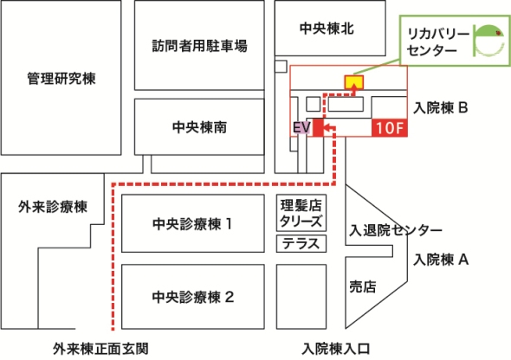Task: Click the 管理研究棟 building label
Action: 61,79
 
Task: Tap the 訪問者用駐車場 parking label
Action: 199,46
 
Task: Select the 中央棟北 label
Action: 327,29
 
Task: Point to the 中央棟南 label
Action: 199,127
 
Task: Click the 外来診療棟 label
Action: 53,207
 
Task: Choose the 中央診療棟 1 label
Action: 192,224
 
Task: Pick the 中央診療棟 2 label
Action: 193,297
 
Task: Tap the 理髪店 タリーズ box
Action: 301,213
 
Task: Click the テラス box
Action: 301,243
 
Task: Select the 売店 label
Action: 362,286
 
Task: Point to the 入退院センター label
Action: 396,230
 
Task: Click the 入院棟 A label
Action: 441,260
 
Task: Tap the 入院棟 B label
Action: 441,107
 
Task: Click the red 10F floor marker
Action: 390,127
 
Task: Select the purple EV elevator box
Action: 301,127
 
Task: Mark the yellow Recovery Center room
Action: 354,82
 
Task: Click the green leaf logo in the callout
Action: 488,41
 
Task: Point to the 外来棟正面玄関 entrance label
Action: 100,349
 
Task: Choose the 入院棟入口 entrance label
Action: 336,349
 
